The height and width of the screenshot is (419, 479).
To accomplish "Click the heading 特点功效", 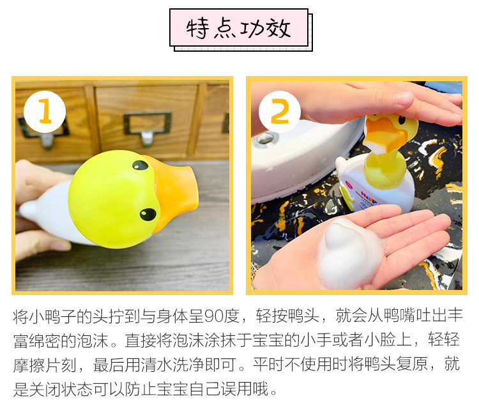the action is click(239, 28).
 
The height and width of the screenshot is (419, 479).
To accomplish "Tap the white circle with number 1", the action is click(45, 112).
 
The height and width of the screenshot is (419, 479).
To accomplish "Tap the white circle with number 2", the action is click(280, 112).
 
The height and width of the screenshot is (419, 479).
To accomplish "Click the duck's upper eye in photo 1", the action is click(141, 165).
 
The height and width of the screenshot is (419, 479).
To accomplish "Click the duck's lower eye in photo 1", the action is click(148, 214).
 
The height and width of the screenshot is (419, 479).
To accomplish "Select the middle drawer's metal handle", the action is click(148, 128).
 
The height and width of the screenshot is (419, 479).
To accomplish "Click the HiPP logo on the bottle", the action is click(369, 196).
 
